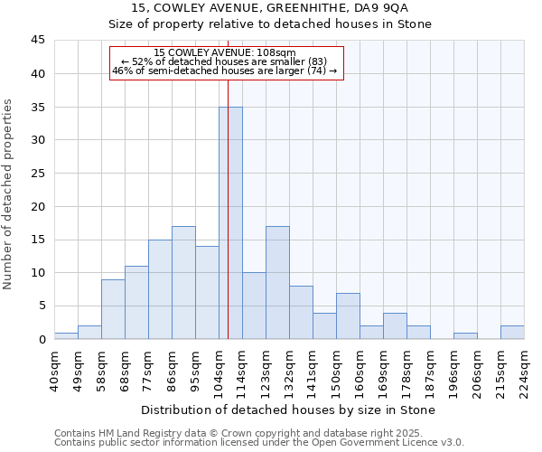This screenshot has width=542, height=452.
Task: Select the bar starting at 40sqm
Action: click(x=66, y=335)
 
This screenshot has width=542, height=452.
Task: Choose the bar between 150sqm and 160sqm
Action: click(x=348, y=315)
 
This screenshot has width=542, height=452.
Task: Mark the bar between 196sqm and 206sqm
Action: click(x=465, y=335)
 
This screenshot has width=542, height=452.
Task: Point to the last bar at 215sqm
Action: click(x=512, y=333)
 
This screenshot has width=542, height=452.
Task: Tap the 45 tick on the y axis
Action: click(x=38, y=41)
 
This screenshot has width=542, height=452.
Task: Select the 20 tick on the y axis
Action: click(x=38, y=206)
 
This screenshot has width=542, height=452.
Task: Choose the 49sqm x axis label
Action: click(x=78, y=366)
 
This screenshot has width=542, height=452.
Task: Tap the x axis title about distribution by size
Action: click(x=288, y=410)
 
